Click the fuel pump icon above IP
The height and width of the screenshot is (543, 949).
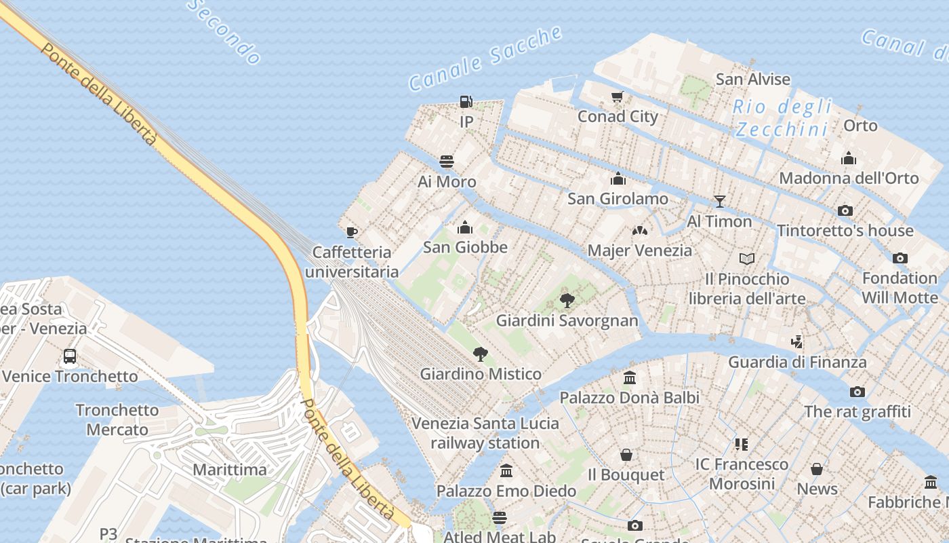coord(466,102)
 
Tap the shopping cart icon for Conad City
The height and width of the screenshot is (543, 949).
coord(617,96)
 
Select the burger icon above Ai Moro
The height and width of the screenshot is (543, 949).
coord(447,162)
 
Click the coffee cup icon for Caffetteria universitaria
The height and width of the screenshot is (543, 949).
coord(352,232)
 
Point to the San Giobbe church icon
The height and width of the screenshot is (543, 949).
coord(465,227)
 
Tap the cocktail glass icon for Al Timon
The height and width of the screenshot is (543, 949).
coord(719,202)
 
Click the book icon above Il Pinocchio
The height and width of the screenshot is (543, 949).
coord(746,259)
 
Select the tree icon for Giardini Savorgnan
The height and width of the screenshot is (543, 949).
coord(567,300)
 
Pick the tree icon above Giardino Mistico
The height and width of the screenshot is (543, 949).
coord(480,354)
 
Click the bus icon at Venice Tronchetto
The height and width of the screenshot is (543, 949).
coord(70,356)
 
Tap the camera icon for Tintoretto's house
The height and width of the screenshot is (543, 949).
coord(845,210)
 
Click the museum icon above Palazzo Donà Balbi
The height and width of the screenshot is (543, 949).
coord(629,377)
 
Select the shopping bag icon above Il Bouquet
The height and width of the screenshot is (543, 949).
coord(626,454)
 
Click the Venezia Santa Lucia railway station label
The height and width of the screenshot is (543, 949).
coord(485,433)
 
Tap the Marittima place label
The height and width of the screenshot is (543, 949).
coord(230,470)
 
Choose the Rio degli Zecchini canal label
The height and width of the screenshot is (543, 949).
coord(782,117)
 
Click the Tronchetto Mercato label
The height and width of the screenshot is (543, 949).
coord(117,419)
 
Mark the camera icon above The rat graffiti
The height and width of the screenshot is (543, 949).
coord(857,392)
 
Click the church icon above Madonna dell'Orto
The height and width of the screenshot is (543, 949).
coord(848,159)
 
